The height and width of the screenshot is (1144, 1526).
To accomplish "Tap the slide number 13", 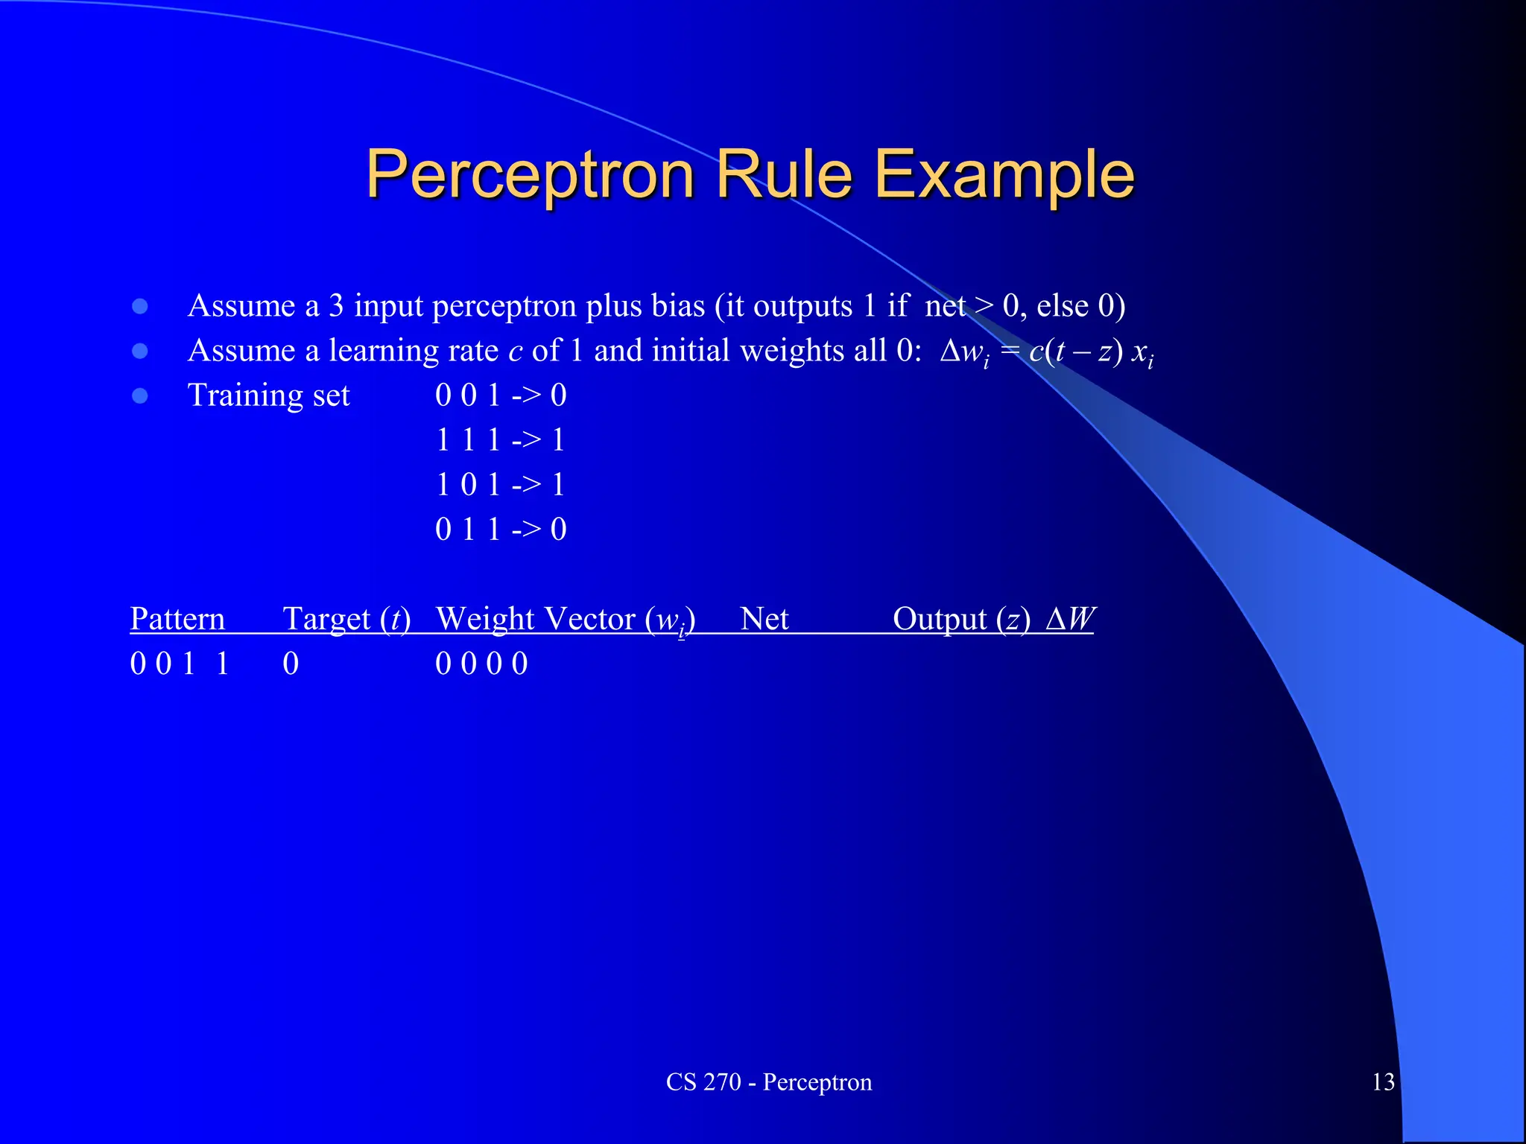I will (x=1383, y=1081).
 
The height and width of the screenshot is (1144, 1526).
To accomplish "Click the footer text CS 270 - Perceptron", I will (x=768, y=1081).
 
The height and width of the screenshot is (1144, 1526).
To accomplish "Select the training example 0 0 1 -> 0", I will (x=501, y=395).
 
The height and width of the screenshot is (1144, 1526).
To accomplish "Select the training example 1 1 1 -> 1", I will (x=501, y=440).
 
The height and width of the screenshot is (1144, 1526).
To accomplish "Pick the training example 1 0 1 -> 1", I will (x=501, y=485).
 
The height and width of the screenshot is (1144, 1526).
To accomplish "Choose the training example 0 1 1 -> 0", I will (x=501, y=530).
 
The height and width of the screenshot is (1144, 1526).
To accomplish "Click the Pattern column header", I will (x=177, y=619).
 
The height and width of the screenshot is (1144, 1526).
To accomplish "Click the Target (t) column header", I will (x=346, y=619).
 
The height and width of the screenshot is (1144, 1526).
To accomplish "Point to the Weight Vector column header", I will (x=565, y=619).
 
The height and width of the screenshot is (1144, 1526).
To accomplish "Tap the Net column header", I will (x=764, y=619).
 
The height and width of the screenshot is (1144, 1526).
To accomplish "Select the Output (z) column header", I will (x=961, y=619).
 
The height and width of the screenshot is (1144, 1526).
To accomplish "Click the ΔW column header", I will (x=1070, y=619).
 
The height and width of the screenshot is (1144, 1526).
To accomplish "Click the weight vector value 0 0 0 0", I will (x=481, y=664).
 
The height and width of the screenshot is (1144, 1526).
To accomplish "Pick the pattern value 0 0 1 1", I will (x=179, y=664).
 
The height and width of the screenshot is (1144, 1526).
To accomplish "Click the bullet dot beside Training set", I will (x=140, y=395).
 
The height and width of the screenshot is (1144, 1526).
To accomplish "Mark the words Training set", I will (x=268, y=395).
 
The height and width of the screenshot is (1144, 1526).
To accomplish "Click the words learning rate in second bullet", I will (x=414, y=351).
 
